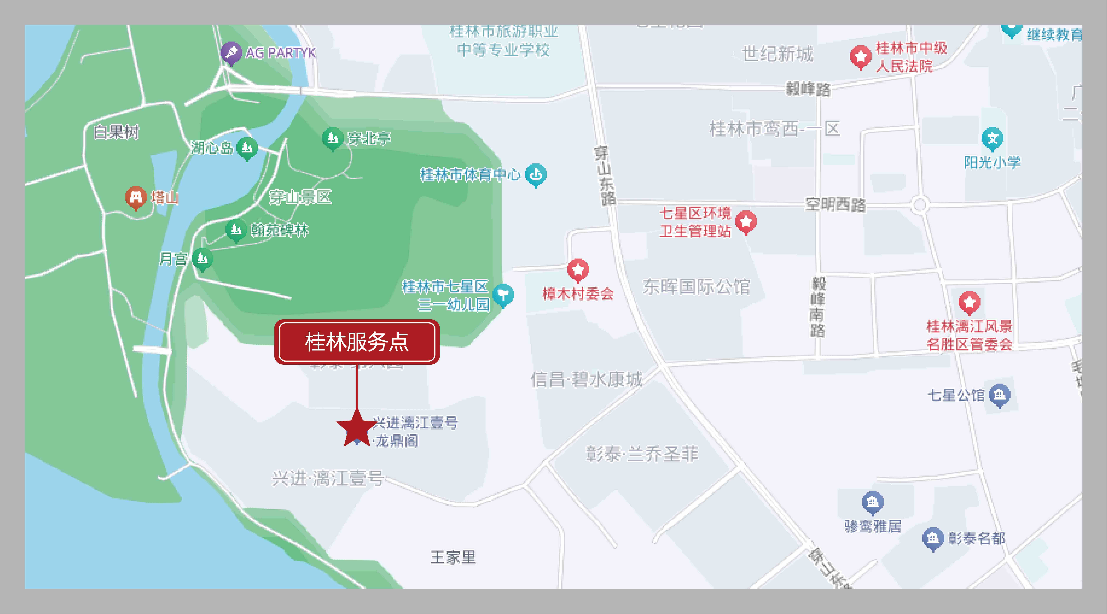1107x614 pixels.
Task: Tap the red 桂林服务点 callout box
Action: (x=357, y=342)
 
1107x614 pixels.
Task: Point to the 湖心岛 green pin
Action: (x=247, y=148)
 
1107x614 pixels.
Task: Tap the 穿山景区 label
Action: (x=300, y=197)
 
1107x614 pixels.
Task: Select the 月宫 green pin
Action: (x=202, y=259)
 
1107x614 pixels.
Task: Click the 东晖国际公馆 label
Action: (x=696, y=286)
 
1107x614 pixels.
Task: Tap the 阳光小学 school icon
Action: (x=992, y=139)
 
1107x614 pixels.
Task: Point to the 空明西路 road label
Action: (x=835, y=204)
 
